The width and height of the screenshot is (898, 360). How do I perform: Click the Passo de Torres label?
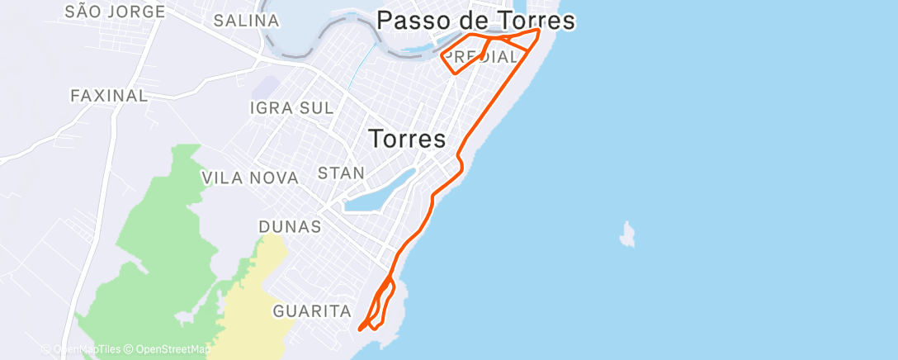[x=475, y=21]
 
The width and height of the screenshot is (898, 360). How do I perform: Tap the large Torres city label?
[x=407, y=139]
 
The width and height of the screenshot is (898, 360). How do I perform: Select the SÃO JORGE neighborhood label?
[x=115, y=12]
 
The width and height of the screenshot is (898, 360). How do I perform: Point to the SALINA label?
[x=239, y=21]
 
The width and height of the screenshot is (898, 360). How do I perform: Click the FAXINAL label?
[x=109, y=96]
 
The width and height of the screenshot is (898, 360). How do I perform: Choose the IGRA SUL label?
[x=291, y=108]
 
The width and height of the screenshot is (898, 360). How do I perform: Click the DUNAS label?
[x=290, y=226]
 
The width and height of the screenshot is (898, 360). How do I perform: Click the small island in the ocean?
[x=629, y=234]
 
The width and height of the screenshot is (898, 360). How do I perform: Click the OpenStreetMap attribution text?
[x=172, y=349]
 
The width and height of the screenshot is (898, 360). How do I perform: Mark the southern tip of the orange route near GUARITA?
[x=360, y=329]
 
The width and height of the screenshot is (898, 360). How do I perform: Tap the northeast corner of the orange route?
[x=539, y=31]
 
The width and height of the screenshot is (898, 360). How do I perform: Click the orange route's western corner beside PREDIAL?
[x=443, y=56]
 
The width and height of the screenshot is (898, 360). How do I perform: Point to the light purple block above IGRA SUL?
[x=265, y=86]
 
